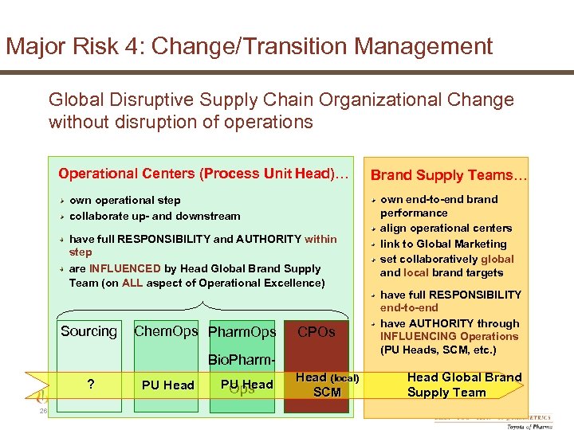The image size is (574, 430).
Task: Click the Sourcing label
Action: [x=88, y=331]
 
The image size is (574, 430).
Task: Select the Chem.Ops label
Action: [x=166, y=331]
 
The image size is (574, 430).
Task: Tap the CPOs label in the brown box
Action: [x=316, y=331]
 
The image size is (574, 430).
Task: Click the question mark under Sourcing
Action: [x=91, y=385]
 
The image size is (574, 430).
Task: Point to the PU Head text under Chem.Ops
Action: [x=167, y=385]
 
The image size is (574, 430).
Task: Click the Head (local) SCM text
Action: [x=328, y=385]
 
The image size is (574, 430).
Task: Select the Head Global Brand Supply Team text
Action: [x=464, y=385]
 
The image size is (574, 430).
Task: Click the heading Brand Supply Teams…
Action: [x=449, y=175]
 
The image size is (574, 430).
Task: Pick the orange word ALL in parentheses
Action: [x=132, y=283]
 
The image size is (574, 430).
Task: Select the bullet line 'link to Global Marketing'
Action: [x=443, y=244]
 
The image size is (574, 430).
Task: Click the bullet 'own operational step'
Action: [x=125, y=200]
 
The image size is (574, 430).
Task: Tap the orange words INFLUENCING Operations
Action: [x=449, y=336]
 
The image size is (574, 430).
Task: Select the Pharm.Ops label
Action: [x=242, y=332]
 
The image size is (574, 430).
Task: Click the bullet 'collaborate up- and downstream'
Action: [x=155, y=216]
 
